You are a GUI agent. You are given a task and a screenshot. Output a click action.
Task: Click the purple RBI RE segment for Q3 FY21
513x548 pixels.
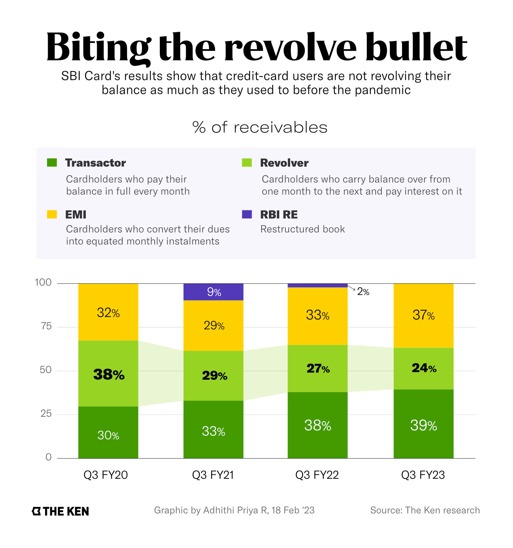click(x=213, y=292)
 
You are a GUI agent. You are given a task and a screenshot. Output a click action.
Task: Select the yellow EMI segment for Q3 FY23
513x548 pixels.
click(x=423, y=315)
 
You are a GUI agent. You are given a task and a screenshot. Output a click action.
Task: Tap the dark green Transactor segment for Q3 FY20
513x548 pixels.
click(x=108, y=433)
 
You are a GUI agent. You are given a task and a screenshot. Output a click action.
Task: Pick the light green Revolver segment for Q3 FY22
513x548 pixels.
click(x=317, y=368)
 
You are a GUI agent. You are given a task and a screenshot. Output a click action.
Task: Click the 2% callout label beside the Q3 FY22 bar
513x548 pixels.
click(x=363, y=292)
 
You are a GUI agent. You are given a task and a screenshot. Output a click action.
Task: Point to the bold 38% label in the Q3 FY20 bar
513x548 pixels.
click(x=109, y=375)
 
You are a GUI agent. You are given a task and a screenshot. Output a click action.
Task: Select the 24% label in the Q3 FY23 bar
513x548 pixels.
click(x=424, y=368)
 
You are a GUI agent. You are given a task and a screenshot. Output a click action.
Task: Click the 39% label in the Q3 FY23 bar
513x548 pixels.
click(x=423, y=426)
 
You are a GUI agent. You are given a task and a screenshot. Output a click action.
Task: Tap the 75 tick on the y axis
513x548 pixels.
click(x=46, y=326)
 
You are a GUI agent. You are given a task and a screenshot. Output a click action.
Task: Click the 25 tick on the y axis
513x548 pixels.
click(x=46, y=414)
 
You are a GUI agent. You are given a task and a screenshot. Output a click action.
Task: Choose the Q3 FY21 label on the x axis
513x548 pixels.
click(x=213, y=475)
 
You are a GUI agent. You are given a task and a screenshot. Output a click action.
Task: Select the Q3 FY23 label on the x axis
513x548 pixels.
click(x=423, y=475)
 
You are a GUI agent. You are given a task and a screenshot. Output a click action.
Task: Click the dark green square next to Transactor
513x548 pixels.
click(x=52, y=162)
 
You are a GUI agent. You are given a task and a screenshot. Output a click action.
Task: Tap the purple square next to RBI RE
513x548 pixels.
click(x=247, y=214)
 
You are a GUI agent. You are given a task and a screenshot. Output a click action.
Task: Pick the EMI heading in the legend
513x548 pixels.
click(x=76, y=214)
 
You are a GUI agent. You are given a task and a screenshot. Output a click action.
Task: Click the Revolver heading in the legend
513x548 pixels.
click(x=284, y=163)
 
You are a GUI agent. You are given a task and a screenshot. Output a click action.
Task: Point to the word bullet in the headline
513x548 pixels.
click(x=416, y=48)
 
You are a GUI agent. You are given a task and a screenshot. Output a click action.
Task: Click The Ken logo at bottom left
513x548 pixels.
click(x=60, y=511)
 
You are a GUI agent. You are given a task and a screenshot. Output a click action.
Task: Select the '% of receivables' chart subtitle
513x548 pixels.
click(x=260, y=128)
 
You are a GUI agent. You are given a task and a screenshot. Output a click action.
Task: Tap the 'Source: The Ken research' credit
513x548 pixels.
click(x=425, y=510)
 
